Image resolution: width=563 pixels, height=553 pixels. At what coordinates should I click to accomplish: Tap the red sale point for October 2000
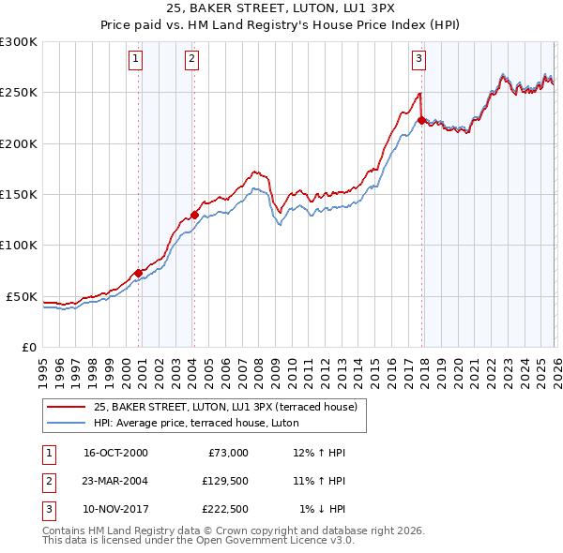pos(138,273)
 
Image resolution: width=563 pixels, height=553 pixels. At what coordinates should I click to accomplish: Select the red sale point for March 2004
pos(194,215)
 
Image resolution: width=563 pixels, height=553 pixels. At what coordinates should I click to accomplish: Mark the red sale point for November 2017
pos(421,120)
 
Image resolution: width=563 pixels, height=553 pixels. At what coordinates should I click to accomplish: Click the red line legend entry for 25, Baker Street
pos(225,408)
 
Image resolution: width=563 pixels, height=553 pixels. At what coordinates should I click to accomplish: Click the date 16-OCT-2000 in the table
pos(115,453)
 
